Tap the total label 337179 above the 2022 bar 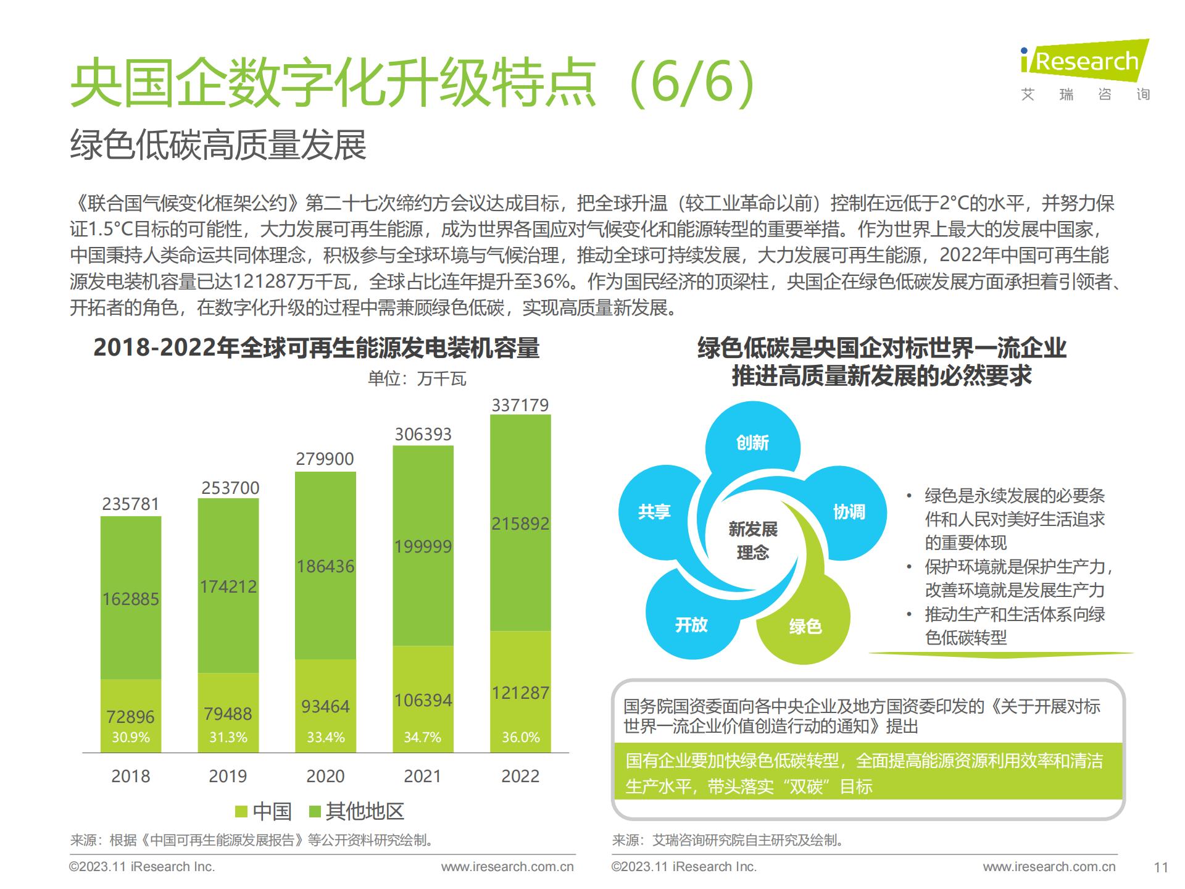[520, 405]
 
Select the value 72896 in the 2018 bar [130, 716]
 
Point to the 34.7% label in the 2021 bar [422, 737]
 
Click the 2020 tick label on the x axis [325, 776]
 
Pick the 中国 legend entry [264, 811]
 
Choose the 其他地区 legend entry [357, 811]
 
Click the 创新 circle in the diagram [752, 443]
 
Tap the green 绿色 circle [805, 626]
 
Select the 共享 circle [654, 512]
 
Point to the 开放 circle [691, 625]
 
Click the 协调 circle [849, 512]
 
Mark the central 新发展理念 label [752, 540]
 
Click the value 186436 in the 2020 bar [325, 566]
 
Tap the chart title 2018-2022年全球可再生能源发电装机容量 [316, 348]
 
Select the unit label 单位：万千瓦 [417, 378]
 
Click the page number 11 [1161, 867]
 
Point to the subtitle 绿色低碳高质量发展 [218, 146]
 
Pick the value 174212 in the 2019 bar [228, 586]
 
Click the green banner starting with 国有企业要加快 [868, 773]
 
